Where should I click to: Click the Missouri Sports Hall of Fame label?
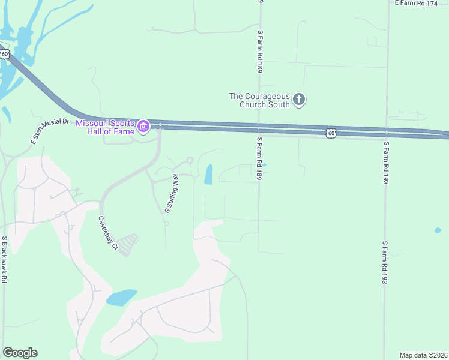click(106, 127)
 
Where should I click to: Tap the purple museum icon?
click(143, 127)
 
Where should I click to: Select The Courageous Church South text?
click(259, 100)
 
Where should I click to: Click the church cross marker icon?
click(299, 100)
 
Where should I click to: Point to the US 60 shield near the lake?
click(5, 54)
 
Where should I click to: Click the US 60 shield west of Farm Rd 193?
click(331, 133)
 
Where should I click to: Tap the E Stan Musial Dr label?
click(50, 131)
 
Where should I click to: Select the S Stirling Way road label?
click(172, 193)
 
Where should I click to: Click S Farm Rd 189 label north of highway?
click(261, 51)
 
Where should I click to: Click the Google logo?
click(20, 353)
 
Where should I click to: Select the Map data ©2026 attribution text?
click(424, 355)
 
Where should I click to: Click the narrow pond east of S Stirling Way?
click(208, 174)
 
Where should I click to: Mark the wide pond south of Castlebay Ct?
click(121, 297)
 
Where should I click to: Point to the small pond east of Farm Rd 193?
click(438, 230)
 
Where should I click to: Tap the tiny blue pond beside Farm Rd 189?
click(264, 165)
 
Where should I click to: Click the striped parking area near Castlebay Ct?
click(127, 244)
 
